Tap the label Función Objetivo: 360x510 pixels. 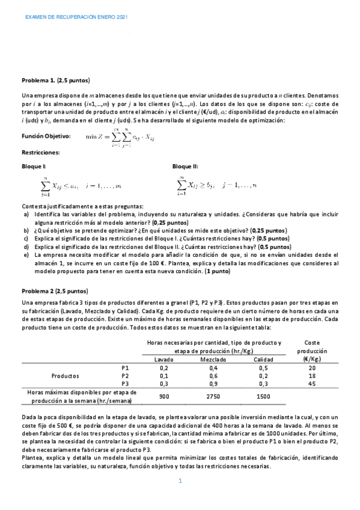[x=46, y=137]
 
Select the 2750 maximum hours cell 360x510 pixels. [x=213, y=396]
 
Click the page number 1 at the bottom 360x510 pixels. [x=180, y=481]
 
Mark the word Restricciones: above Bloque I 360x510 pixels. [x=41, y=153]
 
